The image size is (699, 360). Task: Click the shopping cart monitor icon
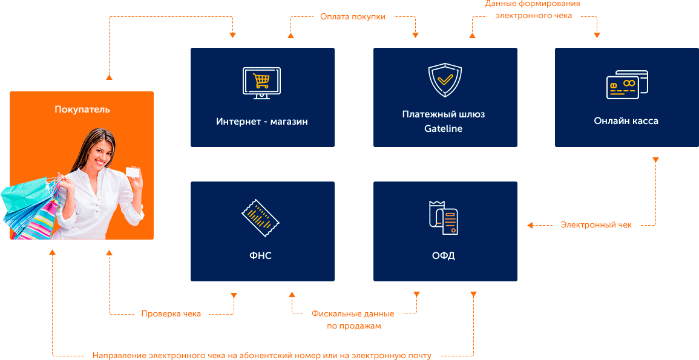click(x=261, y=83)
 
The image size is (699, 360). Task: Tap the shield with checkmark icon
click(x=445, y=80)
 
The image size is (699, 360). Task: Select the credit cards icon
click(x=627, y=85)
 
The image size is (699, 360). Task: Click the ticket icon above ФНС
click(x=261, y=218)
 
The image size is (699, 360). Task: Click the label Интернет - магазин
click(x=262, y=122)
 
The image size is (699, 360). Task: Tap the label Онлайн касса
click(x=626, y=121)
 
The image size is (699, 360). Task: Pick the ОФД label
click(x=444, y=256)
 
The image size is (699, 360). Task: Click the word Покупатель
click(x=82, y=110)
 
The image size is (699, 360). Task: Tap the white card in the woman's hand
click(x=134, y=172)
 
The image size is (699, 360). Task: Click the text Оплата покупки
click(x=352, y=17)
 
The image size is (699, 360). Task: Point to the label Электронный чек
click(x=596, y=225)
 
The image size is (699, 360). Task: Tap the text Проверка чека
click(x=171, y=313)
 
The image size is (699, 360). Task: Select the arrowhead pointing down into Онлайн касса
click(x=597, y=35)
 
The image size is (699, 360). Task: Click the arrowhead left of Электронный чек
click(x=530, y=225)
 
